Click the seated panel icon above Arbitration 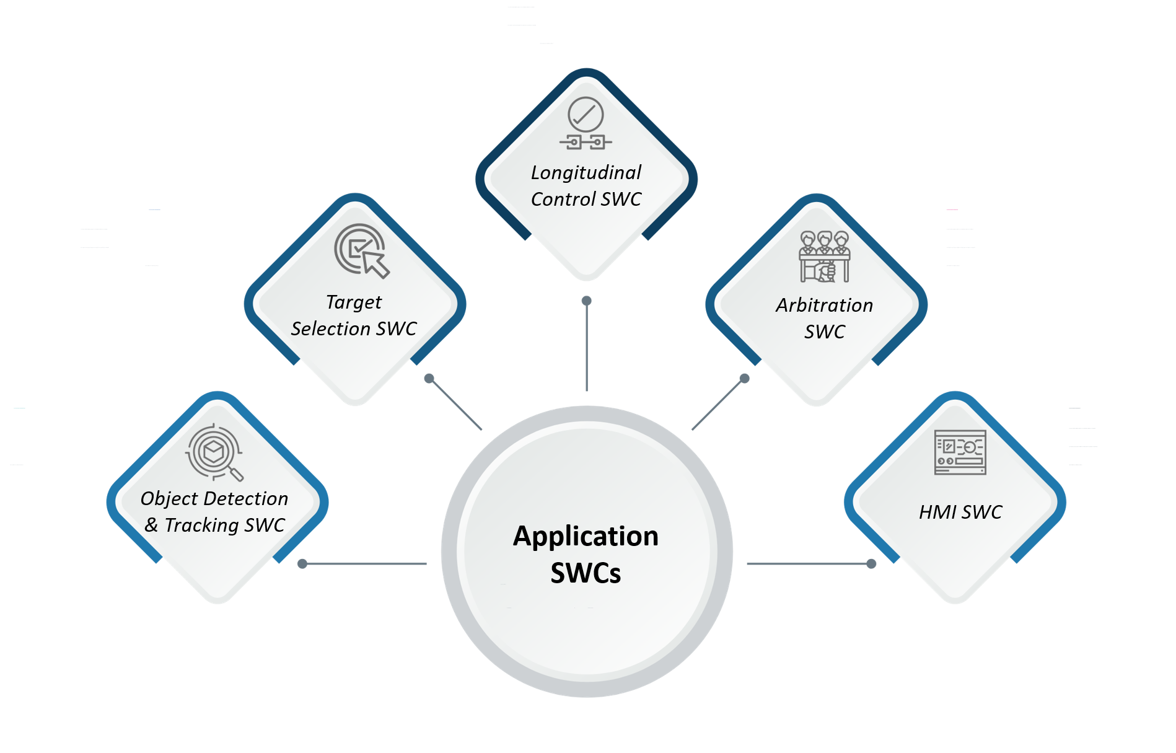824,256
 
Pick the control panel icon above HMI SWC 960,452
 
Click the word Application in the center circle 586,536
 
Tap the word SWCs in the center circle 586,573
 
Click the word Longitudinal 586,172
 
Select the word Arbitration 824,305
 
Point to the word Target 354,302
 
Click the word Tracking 201,525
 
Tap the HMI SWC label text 960,512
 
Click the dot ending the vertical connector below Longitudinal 586,301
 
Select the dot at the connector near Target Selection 429,378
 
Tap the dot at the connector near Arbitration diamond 745,378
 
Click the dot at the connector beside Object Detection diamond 302,563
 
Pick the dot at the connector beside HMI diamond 871,563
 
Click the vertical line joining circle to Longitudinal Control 586,347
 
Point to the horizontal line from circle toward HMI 805,563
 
